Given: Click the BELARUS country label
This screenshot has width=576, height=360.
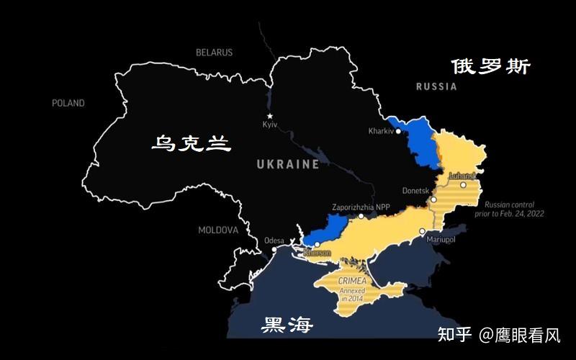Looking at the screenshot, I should click(x=215, y=53).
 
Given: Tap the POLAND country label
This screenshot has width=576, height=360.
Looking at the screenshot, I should click(x=68, y=103).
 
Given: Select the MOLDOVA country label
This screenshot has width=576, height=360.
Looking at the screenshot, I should click(x=218, y=230).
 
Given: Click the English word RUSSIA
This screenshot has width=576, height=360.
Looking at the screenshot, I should click(x=436, y=86).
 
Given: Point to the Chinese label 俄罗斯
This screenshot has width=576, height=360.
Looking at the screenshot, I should click(x=491, y=67).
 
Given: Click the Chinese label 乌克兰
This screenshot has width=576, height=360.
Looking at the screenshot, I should click(x=191, y=143).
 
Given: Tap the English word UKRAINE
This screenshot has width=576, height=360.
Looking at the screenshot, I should click(x=288, y=164).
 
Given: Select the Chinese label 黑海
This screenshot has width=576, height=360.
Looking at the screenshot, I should click(x=287, y=325).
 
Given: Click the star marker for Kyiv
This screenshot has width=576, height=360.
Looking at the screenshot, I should click(x=270, y=116).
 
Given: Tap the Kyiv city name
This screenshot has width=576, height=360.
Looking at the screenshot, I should click(x=270, y=126).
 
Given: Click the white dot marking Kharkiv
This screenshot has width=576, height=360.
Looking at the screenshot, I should click(x=398, y=131).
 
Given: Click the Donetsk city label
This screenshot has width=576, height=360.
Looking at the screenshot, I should click(x=414, y=191).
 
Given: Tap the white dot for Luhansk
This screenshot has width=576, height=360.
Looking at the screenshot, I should click(x=464, y=185).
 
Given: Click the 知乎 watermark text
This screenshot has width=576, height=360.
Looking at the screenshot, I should click(x=455, y=335).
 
